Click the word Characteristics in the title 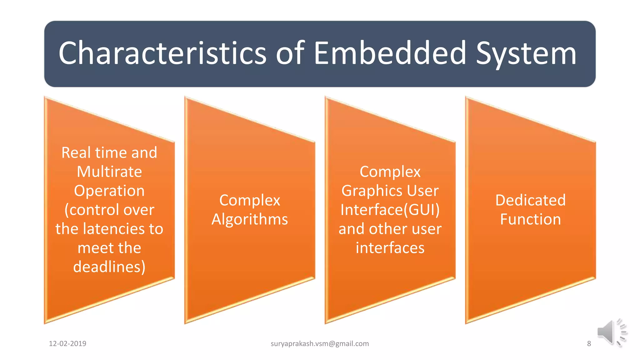(x=162, y=53)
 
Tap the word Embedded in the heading (x=390, y=53)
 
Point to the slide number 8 (x=589, y=344)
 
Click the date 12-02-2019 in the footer (x=67, y=344)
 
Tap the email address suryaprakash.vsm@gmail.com (x=320, y=344)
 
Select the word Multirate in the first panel (x=109, y=172)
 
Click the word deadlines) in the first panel (x=109, y=267)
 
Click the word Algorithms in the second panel (x=250, y=219)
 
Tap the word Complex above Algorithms (x=250, y=200)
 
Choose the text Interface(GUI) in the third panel (x=390, y=210)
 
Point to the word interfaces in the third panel (x=390, y=248)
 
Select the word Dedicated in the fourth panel (x=530, y=200)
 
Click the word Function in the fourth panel (x=530, y=219)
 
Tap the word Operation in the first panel (x=109, y=191)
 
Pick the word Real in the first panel (x=76, y=153)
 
